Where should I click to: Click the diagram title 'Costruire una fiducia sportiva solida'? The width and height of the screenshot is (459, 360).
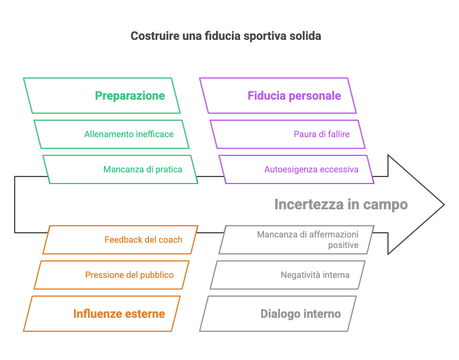coord(225,36)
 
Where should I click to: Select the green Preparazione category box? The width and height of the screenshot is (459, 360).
coord(102,96)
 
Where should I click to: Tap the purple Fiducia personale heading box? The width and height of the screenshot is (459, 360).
coord(278,96)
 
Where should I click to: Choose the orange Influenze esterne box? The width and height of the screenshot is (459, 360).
coord(102,314)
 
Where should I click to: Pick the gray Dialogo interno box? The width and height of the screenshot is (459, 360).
coord(278,314)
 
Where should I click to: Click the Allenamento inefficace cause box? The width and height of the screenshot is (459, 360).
coord(112,134)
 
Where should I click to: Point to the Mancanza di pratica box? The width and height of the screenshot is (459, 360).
coord(120,169)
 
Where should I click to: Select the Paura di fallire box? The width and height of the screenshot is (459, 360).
coord(288,134)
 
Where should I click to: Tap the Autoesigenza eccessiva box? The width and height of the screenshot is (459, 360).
coord(296,169)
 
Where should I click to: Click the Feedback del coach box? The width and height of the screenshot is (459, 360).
coord(120,240)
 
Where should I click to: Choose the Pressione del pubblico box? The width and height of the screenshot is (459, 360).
coord(112,275)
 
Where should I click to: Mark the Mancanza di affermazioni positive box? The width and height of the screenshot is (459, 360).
coord(296,240)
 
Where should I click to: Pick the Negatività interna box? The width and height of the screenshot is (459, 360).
coord(288,275)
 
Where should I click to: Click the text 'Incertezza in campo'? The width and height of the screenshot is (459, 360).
coord(341,205)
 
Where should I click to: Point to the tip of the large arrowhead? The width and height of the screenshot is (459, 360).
coord(443,205)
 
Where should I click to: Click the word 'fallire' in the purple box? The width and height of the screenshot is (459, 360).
coord(337,134)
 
